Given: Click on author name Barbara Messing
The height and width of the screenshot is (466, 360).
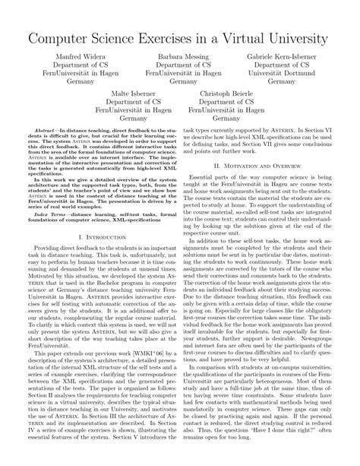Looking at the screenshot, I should coord(180,56).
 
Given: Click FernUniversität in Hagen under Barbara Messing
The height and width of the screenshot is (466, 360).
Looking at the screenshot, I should coord(180,74).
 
